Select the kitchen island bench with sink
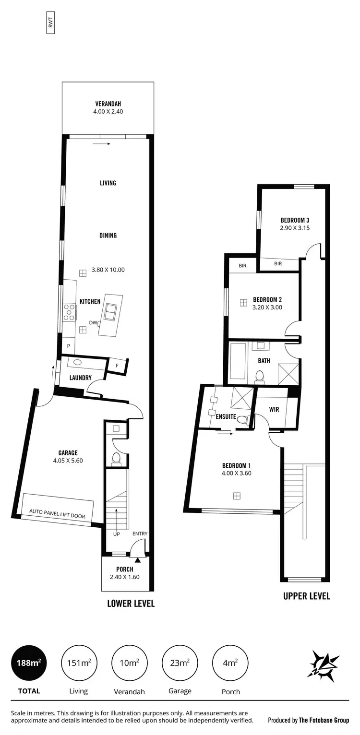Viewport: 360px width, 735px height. click(x=110, y=315)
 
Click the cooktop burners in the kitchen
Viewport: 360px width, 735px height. click(x=70, y=311)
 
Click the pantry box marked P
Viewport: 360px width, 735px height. click(x=69, y=346)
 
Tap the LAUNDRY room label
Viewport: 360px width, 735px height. click(x=80, y=378)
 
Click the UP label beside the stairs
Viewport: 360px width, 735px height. click(x=116, y=534)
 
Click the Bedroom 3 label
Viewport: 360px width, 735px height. click(x=295, y=220)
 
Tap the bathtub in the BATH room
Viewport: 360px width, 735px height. click(x=238, y=361)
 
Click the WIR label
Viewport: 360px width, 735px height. click(x=274, y=410)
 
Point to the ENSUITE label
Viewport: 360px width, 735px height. click(x=226, y=416)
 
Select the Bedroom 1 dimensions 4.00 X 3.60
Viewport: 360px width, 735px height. click(x=236, y=473)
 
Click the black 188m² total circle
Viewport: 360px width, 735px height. click(x=29, y=663)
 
